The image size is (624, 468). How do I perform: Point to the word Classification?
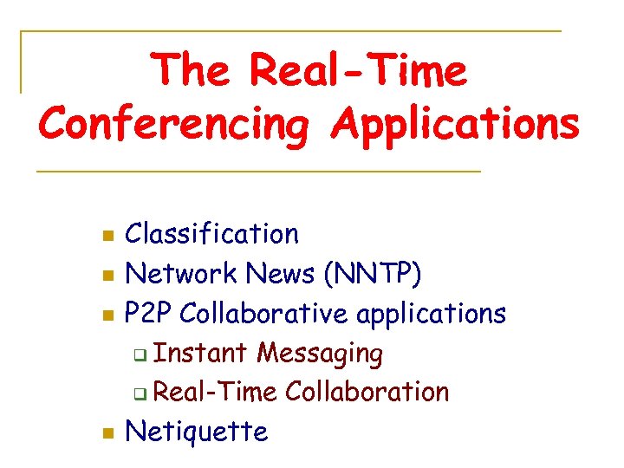click(x=212, y=233)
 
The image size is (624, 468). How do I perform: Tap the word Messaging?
click(x=320, y=354)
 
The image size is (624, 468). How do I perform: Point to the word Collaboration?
click(x=367, y=392)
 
